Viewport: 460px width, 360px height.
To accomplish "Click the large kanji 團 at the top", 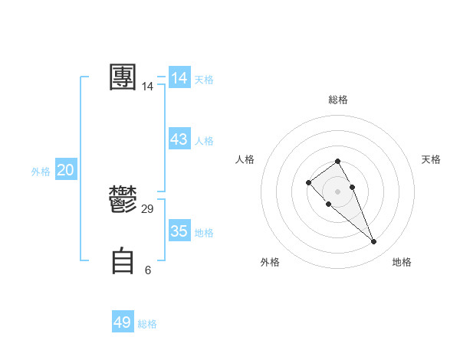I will pyautogui.click(x=123, y=77).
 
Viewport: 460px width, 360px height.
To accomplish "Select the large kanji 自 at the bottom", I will pyautogui.click(x=123, y=260).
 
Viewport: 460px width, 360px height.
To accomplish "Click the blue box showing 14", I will pyautogui.click(x=179, y=78).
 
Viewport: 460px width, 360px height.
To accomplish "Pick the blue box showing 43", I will pyautogui.click(x=179, y=139).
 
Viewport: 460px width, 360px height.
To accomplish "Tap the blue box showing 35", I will pyautogui.click(x=179, y=231).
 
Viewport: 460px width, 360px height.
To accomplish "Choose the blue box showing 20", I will pyautogui.click(x=66, y=170).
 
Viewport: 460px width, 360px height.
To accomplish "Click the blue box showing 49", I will pyautogui.click(x=123, y=322).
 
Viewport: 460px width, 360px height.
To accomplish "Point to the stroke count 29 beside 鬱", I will pyautogui.click(x=148, y=209).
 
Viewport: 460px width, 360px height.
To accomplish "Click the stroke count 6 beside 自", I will pyautogui.click(x=148, y=270).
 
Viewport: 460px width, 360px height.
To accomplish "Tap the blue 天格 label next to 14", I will pyautogui.click(x=204, y=80).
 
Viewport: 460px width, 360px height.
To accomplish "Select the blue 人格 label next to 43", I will pyautogui.click(x=204, y=141).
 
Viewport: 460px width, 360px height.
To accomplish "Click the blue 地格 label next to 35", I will pyautogui.click(x=204, y=233).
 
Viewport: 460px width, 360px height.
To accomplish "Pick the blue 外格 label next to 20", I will pyautogui.click(x=41, y=172).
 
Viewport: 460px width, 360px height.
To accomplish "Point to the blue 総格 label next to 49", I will pyautogui.click(x=147, y=324).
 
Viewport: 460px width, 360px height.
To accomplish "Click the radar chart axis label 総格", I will pyautogui.click(x=337, y=100).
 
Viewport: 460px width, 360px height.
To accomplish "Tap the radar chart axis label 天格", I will pyautogui.click(x=431, y=159).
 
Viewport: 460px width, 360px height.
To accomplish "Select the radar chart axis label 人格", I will pyautogui.click(x=245, y=159).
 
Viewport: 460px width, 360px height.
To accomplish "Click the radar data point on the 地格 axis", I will pyautogui.click(x=373, y=242).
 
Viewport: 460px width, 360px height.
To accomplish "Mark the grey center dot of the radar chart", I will pyautogui.click(x=337, y=191).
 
